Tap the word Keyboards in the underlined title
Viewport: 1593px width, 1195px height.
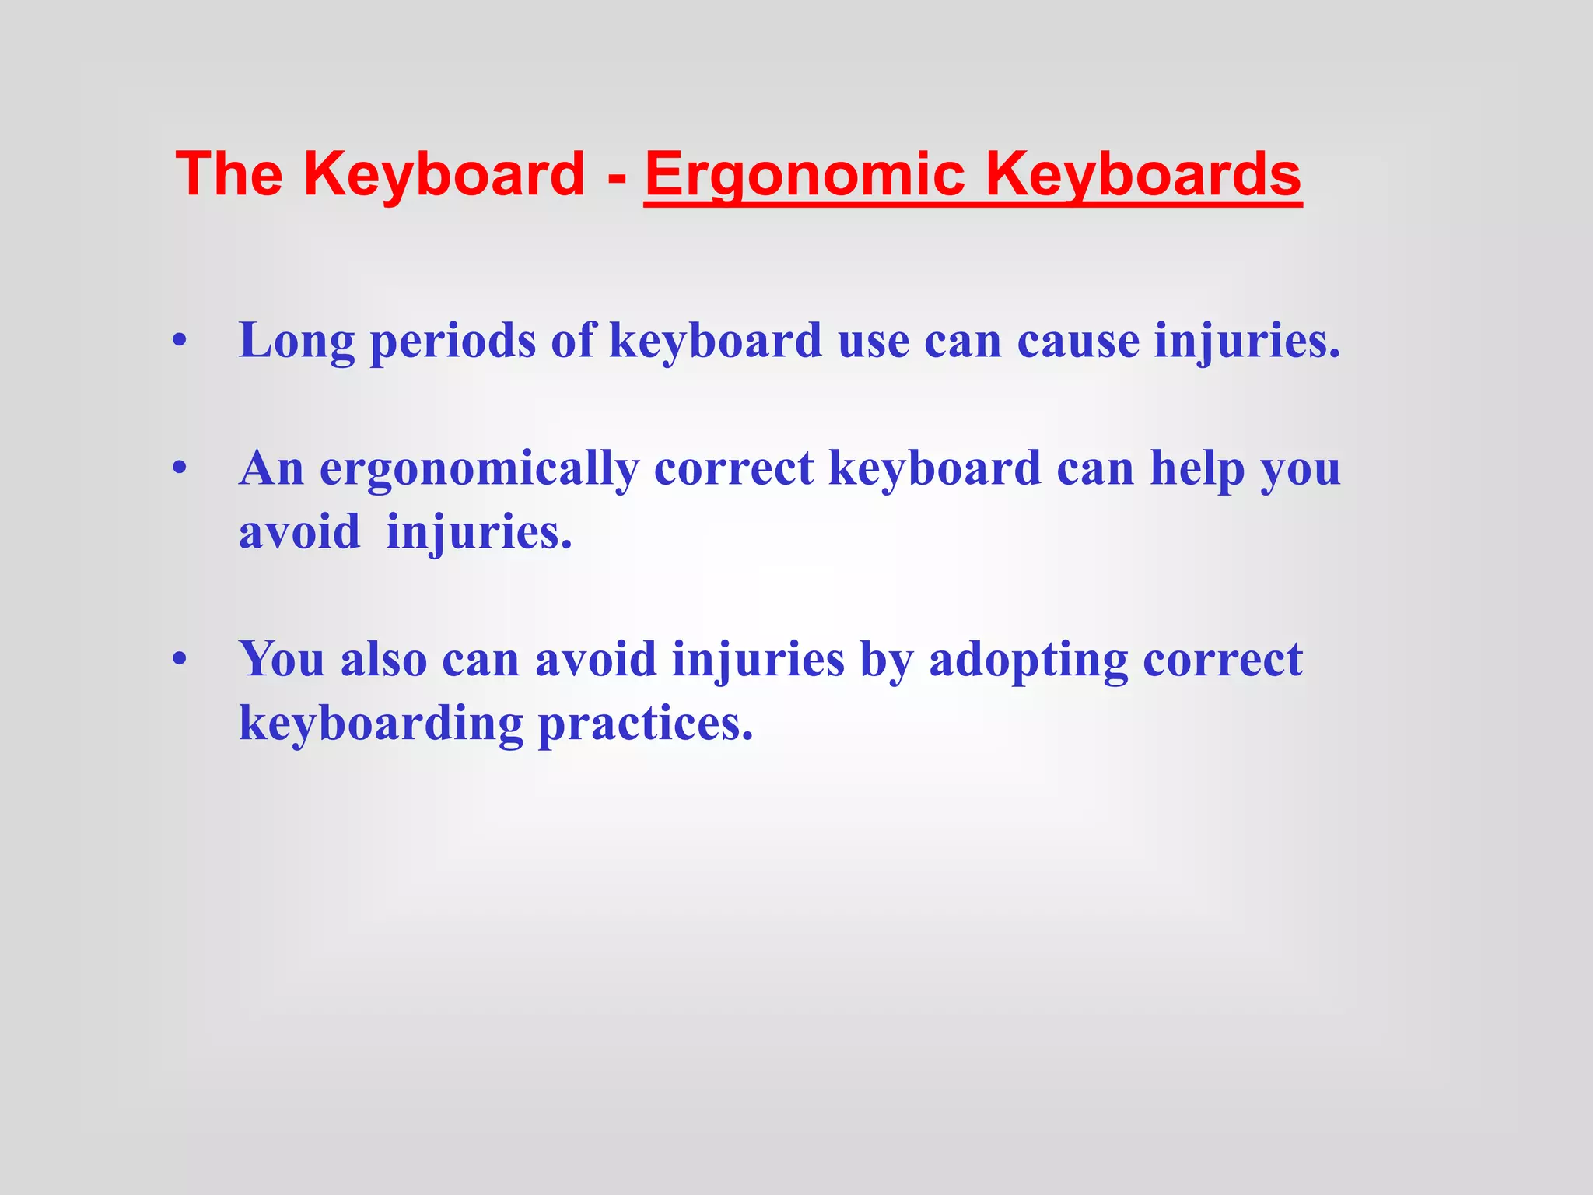[1143, 174]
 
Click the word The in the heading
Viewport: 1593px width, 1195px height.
[229, 174]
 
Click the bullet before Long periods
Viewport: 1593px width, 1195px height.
[180, 342]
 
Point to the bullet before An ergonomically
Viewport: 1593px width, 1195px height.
[180, 469]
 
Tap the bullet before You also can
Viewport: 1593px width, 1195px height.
[180, 660]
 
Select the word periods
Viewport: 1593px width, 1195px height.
[453, 342]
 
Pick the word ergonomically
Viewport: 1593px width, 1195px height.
[479, 470]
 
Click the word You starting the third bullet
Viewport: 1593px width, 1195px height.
[282, 660]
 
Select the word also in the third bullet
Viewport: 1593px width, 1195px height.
[384, 660]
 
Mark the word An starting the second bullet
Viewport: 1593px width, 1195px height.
[271, 469]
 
